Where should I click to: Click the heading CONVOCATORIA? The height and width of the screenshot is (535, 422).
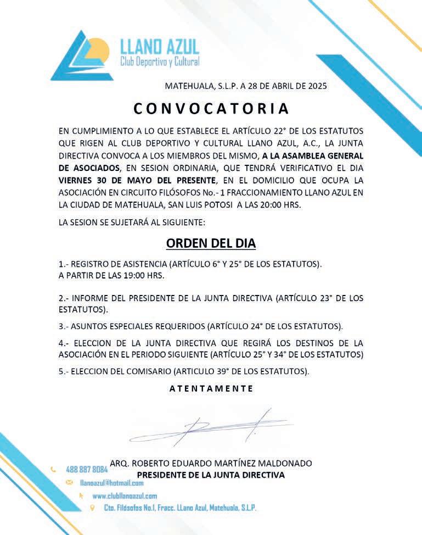(x=211, y=108)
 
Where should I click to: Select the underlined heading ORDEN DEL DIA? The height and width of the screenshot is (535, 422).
(x=211, y=243)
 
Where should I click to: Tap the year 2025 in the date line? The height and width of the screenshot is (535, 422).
(x=317, y=86)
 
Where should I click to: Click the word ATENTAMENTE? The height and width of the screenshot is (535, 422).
(x=211, y=388)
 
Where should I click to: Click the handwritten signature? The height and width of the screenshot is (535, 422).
(x=209, y=426)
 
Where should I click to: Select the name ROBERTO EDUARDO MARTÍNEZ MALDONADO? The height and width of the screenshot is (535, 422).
(x=211, y=463)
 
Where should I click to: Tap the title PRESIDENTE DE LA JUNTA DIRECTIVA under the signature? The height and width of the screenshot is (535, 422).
(x=211, y=475)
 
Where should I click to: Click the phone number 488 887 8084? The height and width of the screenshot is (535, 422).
(x=87, y=470)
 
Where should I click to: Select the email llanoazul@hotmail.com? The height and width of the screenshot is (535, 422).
(x=111, y=483)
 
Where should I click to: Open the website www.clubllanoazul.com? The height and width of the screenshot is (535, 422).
(x=125, y=495)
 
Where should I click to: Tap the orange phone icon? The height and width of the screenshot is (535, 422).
(x=53, y=470)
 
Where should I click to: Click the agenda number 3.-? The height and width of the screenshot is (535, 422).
(x=63, y=326)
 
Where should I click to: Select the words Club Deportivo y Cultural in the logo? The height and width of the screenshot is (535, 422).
(x=160, y=62)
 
